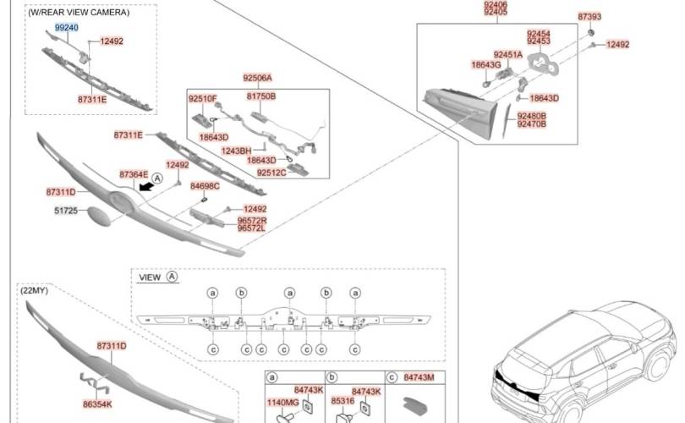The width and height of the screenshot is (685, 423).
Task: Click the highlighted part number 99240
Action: point(67,27)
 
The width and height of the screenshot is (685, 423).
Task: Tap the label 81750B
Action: point(261,96)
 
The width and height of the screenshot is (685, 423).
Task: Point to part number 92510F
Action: point(203,99)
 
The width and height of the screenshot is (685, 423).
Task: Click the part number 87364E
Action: point(134,174)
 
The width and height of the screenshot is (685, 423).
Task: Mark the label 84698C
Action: point(205,185)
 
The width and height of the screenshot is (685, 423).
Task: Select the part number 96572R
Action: point(251,220)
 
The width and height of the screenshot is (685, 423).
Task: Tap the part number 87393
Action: point(589,16)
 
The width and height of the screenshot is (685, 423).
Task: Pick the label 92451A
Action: point(508,54)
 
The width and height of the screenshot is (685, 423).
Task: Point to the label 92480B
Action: point(532,115)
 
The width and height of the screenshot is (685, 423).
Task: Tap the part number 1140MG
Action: point(283,402)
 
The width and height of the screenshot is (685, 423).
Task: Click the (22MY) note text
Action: point(35,290)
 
